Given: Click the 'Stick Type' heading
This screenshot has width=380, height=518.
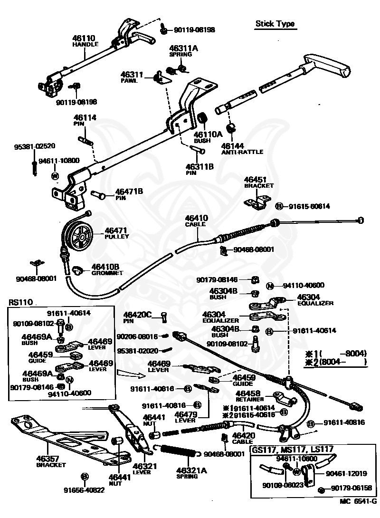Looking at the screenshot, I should (x=275, y=24).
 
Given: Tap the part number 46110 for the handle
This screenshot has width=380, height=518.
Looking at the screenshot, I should (x=84, y=38).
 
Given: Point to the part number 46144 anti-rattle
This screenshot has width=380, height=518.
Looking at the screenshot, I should (x=232, y=147).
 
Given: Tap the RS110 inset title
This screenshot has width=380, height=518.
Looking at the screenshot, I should (x=20, y=302).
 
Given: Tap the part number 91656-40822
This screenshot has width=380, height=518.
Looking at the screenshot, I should (x=84, y=490).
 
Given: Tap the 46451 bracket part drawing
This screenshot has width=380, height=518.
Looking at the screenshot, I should (x=256, y=201).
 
